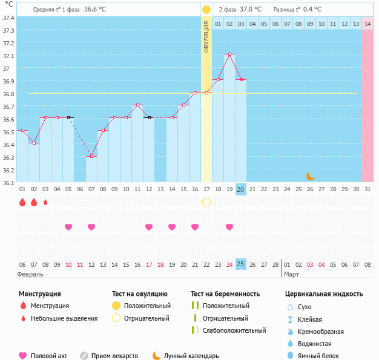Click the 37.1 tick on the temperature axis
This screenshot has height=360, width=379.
(x=8, y=56)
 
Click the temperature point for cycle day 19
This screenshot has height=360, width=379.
(x=229, y=54)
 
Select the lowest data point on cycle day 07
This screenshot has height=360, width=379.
(x=91, y=156)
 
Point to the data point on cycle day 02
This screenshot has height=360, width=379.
(x=34, y=143)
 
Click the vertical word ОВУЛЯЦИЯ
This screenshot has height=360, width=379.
(x=206, y=37)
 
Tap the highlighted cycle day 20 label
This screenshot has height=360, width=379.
(x=240, y=189)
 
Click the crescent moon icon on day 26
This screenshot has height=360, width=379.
(x=310, y=175)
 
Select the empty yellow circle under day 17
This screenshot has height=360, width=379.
(x=206, y=201)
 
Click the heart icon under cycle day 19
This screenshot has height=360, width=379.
(x=229, y=227)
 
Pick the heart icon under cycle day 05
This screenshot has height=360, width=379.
(x=68, y=227)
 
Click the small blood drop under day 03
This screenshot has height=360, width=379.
(x=45, y=202)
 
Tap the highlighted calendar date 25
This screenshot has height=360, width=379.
(x=240, y=264)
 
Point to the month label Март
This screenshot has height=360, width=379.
(x=292, y=274)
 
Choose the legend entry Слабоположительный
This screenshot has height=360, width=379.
(x=234, y=330)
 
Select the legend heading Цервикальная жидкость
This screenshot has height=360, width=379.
(x=324, y=293)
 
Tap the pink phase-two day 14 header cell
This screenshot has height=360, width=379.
(x=367, y=24)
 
